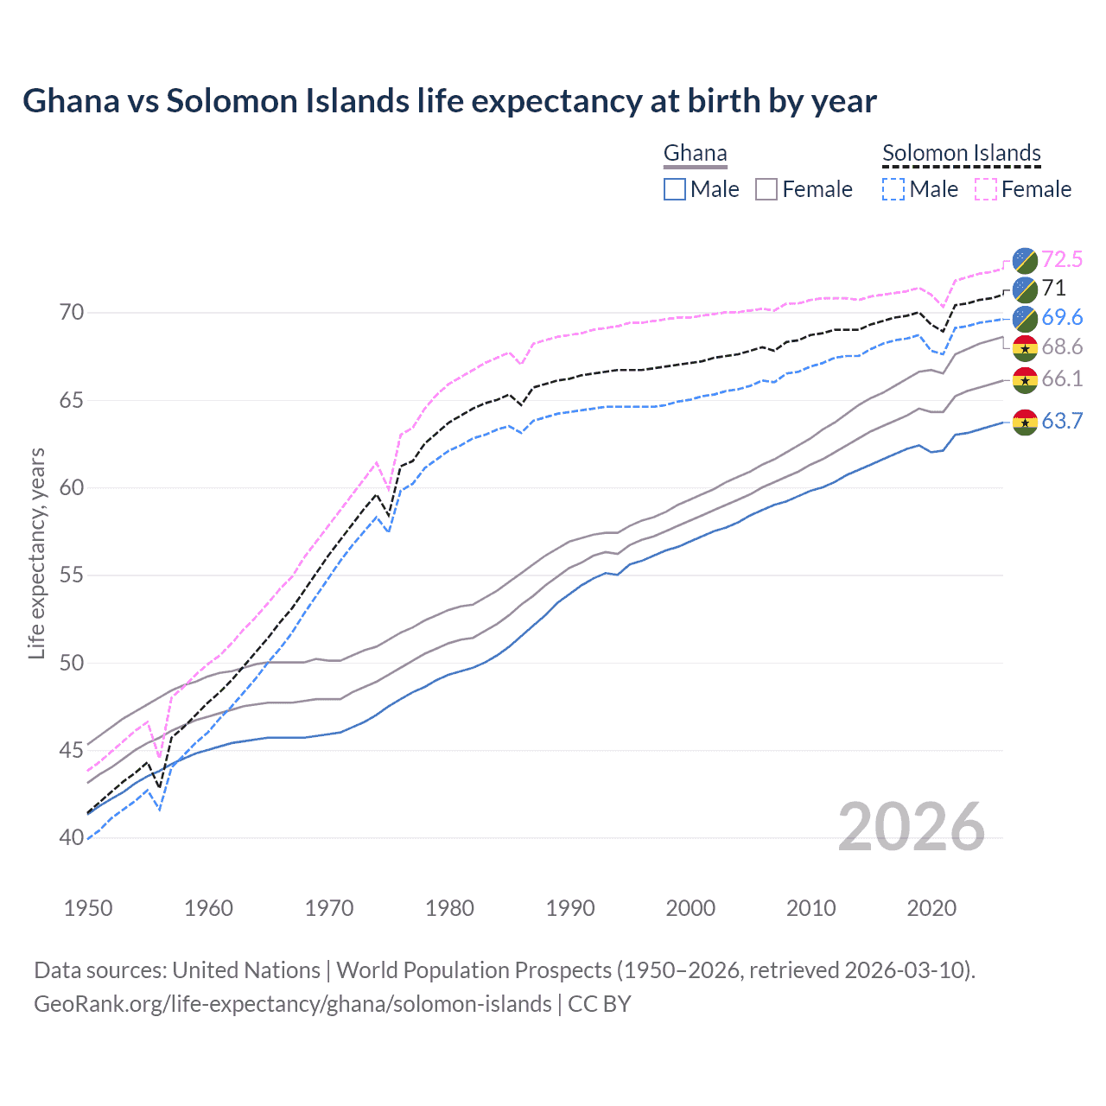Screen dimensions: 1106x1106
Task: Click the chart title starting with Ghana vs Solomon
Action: click(x=449, y=101)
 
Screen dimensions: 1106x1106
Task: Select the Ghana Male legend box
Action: click(x=675, y=189)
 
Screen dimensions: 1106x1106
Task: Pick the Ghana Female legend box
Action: click(x=766, y=189)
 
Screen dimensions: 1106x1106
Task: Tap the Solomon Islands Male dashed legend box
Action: click(x=893, y=189)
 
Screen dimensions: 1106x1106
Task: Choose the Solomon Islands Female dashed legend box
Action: click(x=986, y=189)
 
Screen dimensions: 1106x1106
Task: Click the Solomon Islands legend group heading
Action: click(x=961, y=153)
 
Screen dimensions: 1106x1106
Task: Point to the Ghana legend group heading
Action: click(x=695, y=153)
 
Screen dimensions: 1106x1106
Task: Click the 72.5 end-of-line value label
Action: click(x=1062, y=259)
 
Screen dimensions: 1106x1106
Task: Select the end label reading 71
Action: click(x=1053, y=288)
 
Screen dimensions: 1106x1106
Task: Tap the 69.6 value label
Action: click(x=1062, y=317)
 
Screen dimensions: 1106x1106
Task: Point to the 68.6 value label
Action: click(x=1062, y=347)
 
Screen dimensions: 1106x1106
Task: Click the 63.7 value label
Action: click(x=1062, y=421)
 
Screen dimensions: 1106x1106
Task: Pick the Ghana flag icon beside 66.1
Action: click(x=1025, y=379)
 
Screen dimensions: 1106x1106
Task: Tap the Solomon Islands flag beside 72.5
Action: click(x=1025, y=259)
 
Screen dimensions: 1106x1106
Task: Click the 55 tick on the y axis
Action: click(x=73, y=575)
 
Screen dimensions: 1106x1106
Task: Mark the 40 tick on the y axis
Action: click(x=73, y=837)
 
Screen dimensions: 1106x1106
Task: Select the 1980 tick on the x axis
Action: click(x=449, y=908)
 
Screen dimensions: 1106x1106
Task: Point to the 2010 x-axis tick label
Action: click(x=810, y=908)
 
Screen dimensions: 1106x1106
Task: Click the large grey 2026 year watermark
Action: click(x=912, y=827)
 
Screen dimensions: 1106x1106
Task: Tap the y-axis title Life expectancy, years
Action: click(x=36, y=553)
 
